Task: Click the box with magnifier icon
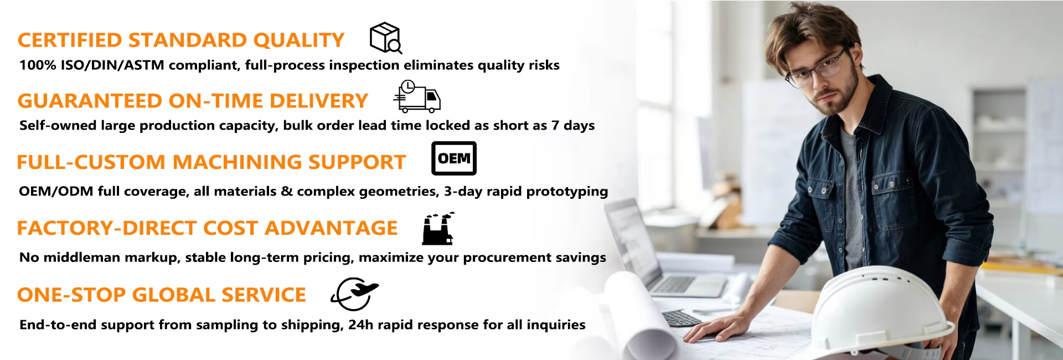[385, 38]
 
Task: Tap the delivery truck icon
[417, 96]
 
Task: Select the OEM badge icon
[454, 158]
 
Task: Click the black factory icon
[438, 228]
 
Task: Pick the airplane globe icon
[354, 294]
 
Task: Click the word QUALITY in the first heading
[299, 40]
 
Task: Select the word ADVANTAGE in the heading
[331, 228]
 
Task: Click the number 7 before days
[555, 126]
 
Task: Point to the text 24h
[361, 325]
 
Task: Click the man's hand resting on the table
[714, 330]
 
